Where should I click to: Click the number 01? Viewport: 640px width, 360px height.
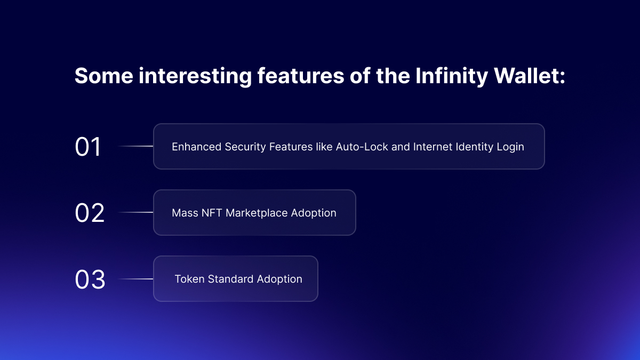tap(87, 147)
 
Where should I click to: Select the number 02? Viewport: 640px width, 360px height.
tap(90, 213)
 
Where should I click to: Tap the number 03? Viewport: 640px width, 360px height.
tap(90, 279)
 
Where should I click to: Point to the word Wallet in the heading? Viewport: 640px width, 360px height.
tap(530, 76)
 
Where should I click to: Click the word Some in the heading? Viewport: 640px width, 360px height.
tap(103, 76)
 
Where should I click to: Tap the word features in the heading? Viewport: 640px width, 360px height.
tap(301, 76)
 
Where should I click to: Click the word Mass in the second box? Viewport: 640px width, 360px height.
tap(185, 213)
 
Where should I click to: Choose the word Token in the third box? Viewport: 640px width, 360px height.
tap(189, 279)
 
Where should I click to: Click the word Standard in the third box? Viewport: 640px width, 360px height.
tap(230, 279)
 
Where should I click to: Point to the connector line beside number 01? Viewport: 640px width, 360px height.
tap(135, 146)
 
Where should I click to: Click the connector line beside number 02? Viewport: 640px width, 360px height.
tap(135, 212)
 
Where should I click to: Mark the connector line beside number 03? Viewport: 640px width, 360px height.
tap(135, 279)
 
